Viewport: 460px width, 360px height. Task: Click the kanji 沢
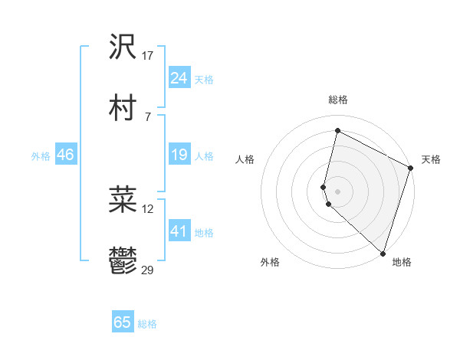pyautogui.click(x=123, y=47)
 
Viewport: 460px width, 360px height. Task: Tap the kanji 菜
pyautogui.click(x=123, y=200)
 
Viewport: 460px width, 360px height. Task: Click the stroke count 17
pyautogui.click(x=148, y=56)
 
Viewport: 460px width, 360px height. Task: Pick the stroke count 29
pyautogui.click(x=148, y=270)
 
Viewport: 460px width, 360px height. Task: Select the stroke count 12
pyautogui.click(x=148, y=208)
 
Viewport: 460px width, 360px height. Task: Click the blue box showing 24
pyautogui.click(x=179, y=78)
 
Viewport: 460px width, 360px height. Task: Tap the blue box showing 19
pyautogui.click(x=179, y=155)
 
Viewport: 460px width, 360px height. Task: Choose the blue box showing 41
pyautogui.click(x=179, y=231)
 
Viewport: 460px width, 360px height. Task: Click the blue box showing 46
pyautogui.click(x=65, y=155)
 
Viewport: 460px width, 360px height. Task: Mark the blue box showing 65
pyautogui.click(x=123, y=322)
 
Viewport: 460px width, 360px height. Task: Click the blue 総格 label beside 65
pyautogui.click(x=147, y=324)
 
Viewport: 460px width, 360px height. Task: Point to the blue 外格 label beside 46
pyautogui.click(x=41, y=156)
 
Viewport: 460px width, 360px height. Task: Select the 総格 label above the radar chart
pyautogui.click(x=338, y=100)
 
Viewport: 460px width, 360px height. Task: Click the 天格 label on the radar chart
pyautogui.click(x=431, y=159)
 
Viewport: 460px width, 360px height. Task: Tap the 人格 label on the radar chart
pyautogui.click(x=245, y=159)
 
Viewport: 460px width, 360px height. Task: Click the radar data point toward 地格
pyautogui.click(x=383, y=254)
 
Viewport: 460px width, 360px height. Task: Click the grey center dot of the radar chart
pyautogui.click(x=338, y=190)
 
